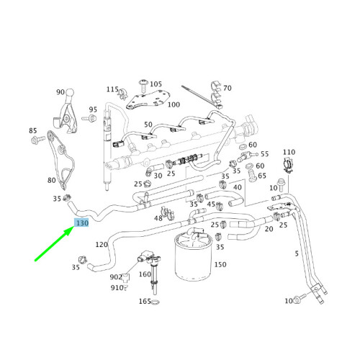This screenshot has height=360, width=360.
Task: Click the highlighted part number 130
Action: tap(82, 224)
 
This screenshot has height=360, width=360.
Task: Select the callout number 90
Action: tap(60, 92)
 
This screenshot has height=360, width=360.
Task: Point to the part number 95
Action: tap(92, 110)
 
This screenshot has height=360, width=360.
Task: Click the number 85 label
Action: tap(32, 130)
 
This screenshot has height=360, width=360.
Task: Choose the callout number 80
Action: tap(51, 180)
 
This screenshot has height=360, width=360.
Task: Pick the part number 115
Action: tap(112, 89)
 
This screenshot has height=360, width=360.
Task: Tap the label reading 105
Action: tap(156, 84)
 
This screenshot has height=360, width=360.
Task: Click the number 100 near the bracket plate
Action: tap(174, 104)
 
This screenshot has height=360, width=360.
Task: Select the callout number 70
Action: tap(228, 89)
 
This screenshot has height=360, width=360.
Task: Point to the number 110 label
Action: tap(289, 152)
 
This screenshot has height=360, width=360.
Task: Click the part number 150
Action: tap(220, 265)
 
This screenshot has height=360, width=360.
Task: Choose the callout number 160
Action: tap(145, 274)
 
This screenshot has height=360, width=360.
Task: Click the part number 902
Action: tap(115, 277)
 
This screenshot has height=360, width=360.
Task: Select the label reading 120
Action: tap(102, 245)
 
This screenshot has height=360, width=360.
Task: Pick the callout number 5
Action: tap(296, 253)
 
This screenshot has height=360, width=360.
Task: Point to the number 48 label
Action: tap(158, 217)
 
